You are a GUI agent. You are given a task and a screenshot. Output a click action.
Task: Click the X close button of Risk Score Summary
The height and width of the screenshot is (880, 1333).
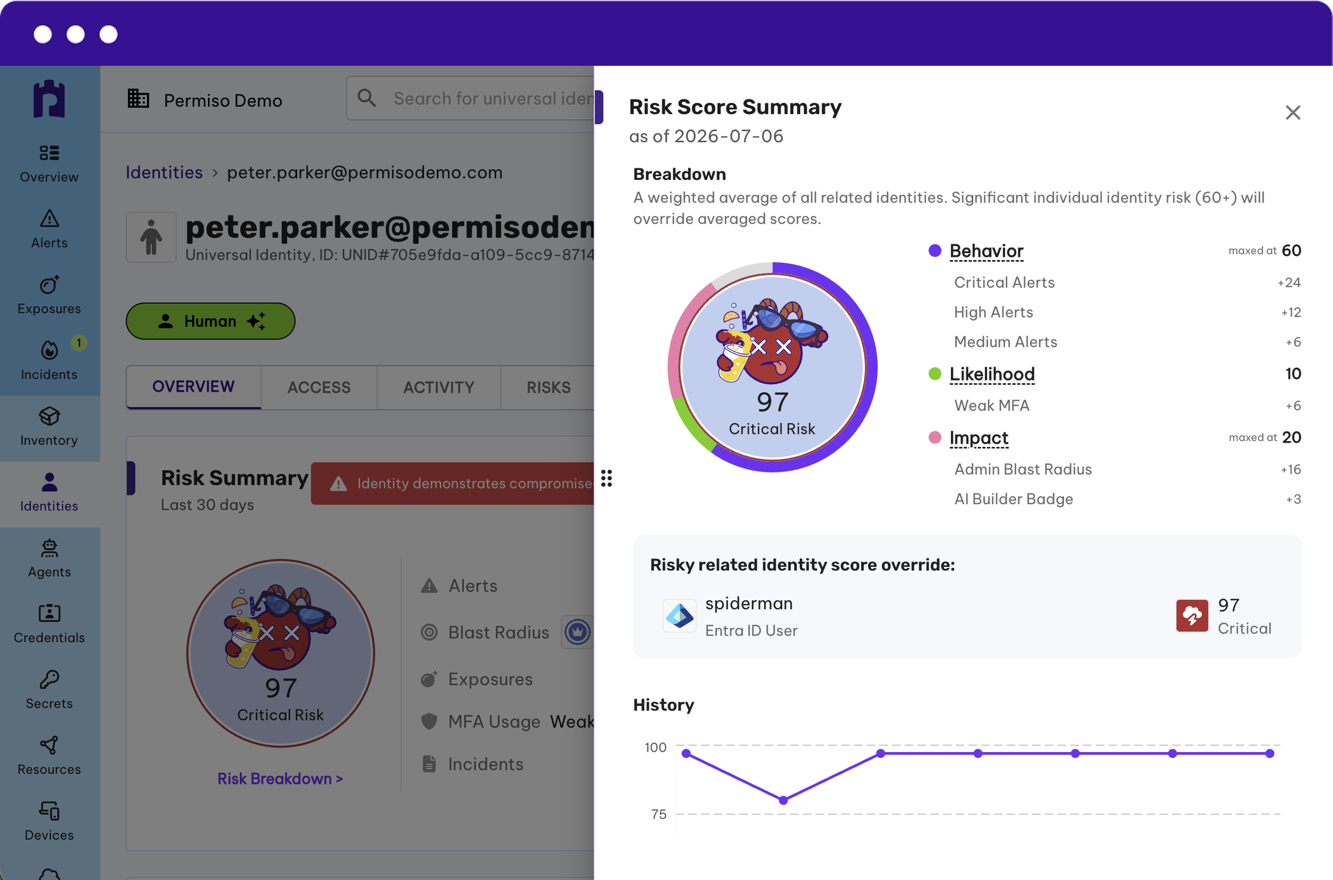pyautogui.click(x=1293, y=113)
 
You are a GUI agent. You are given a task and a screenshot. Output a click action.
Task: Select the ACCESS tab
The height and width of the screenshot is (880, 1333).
pyautogui.click(x=319, y=387)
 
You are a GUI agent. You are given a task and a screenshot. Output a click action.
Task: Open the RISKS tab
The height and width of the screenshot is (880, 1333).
pyautogui.click(x=548, y=387)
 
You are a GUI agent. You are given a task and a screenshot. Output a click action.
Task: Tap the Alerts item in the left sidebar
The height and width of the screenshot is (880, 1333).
pyautogui.click(x=49, y=229)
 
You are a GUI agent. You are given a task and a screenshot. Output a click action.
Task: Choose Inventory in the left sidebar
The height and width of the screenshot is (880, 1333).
pyautogui.click(x=49, y=427)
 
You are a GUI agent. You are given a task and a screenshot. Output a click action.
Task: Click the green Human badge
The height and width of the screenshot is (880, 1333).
pyautogui.click(x=210, y=321)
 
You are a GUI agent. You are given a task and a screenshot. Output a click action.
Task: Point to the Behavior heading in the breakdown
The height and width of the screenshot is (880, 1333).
pyautogui.click(x=986, y=251)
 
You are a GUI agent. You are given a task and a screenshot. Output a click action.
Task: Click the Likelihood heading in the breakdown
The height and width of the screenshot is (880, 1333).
pyautogui.click(x=992, y=374)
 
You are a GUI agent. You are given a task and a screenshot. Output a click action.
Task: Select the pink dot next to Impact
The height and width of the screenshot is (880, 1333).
pyautogui.click(x=934, y=437)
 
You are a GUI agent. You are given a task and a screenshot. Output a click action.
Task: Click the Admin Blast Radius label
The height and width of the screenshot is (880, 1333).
pyautogui.click(x=1023, y=469)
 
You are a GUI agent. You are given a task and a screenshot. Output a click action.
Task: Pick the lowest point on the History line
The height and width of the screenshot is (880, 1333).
pyautogui.click(x=783, y=800)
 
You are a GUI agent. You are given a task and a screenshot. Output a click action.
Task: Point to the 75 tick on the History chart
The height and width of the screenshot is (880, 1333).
pyautogui.click(x=659, y=814)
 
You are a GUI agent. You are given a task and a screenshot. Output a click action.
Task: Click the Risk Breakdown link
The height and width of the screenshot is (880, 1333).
pyautogui.click(x=280, y=779)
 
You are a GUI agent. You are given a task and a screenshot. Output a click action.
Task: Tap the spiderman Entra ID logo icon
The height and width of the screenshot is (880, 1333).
pyautogui.click(x=679, y=616)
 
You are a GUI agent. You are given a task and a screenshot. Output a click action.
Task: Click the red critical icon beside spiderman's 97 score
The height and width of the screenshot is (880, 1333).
pyautogui.click(x=1192, y=616)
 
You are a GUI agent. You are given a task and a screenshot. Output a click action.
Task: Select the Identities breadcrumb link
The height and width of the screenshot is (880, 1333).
pyautogui.click(x=164, y=172)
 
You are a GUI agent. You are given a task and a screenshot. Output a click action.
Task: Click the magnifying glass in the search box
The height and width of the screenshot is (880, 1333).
pyautogui.click(x=367, y=98)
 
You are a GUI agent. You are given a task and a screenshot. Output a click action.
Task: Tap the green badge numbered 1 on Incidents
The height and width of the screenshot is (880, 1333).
pyautogui.click(x=79, y=343)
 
